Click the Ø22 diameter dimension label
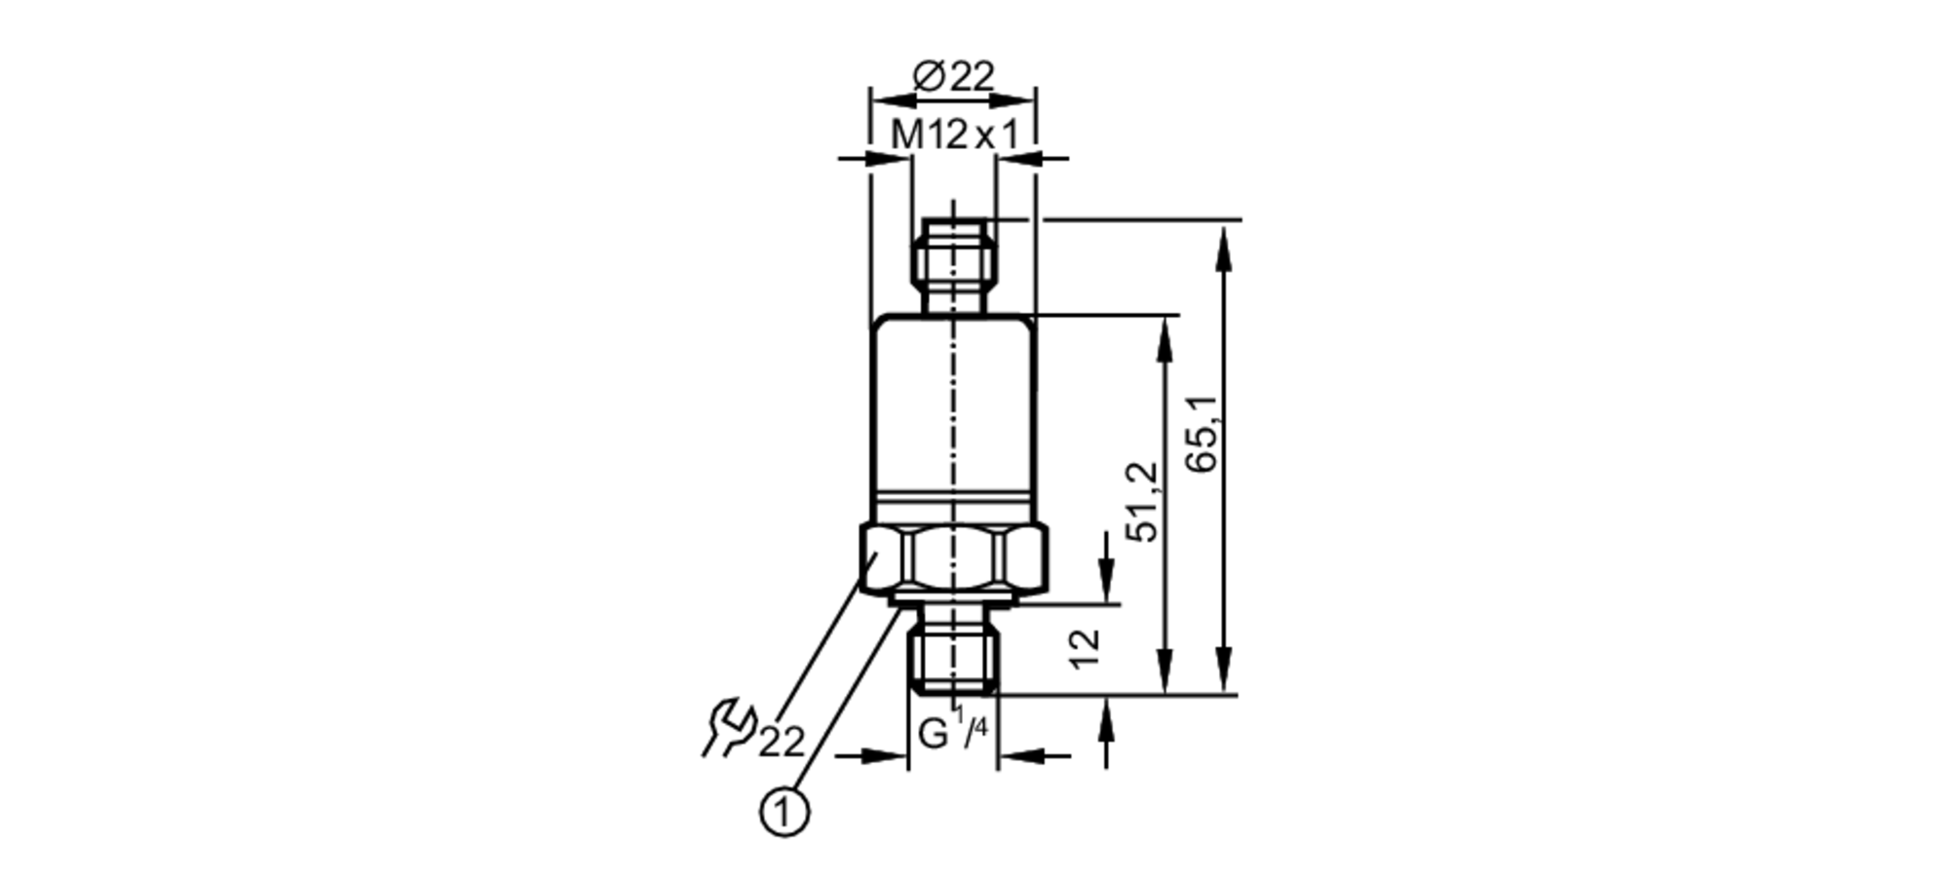(953, 77)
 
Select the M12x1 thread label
(954, 135)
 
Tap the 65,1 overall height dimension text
(1204, 435)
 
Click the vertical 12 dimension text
(1085, 648)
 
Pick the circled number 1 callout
(783, 812)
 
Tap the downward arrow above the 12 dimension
(1106, 585)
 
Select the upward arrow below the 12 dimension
(1106, 717)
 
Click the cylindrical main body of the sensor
(953, 409)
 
